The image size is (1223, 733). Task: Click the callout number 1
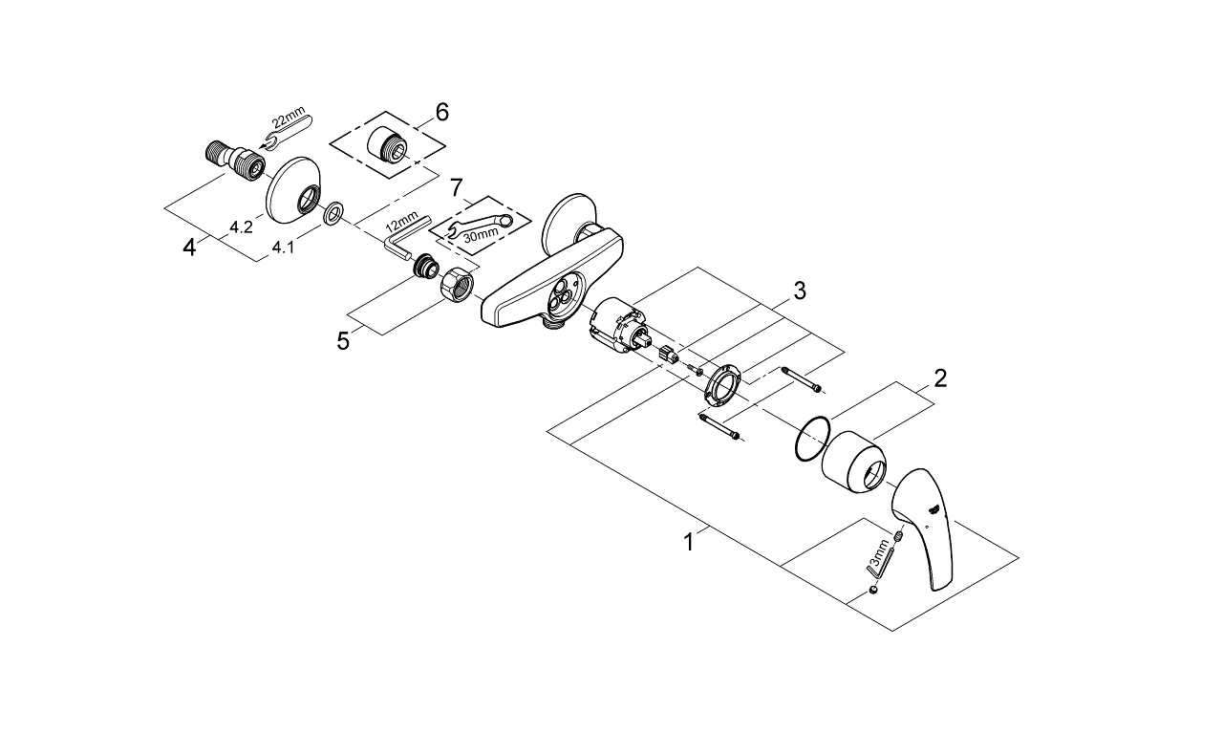[688, 542]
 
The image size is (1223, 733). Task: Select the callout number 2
[940, 378]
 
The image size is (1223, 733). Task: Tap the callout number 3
[799, 291]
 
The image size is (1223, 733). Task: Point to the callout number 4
[191, 248]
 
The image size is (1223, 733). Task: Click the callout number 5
[343, 341]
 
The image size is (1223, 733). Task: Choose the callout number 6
[440, 113]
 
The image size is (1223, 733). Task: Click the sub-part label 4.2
[241, 227]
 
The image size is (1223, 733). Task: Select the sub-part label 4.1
[283, 248]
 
